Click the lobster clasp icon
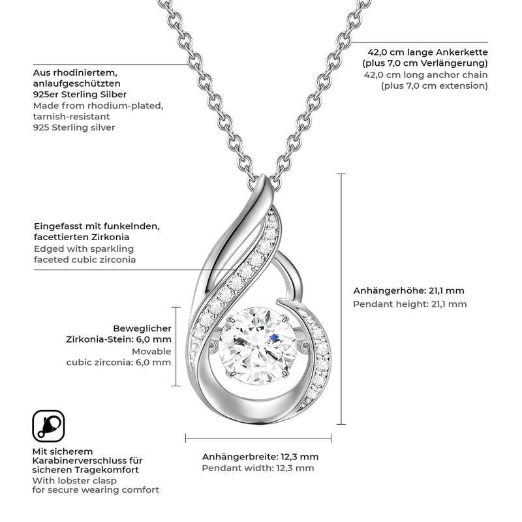(x=48, y=426)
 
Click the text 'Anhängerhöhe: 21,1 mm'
(x=408, y=291)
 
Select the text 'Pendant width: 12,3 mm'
(x=258, y=468)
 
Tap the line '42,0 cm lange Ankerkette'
(x=427, y=52)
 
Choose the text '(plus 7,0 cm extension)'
(x=435, y=85)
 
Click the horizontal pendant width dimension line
(x=258, y=438)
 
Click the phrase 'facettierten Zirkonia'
(x=81, y=238)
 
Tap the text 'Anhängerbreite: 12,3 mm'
(x=260, y=457)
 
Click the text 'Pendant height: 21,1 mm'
(x=410, y=303)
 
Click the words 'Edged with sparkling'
(x=84, y=249)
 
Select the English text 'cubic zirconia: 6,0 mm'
(x=119, y=362)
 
